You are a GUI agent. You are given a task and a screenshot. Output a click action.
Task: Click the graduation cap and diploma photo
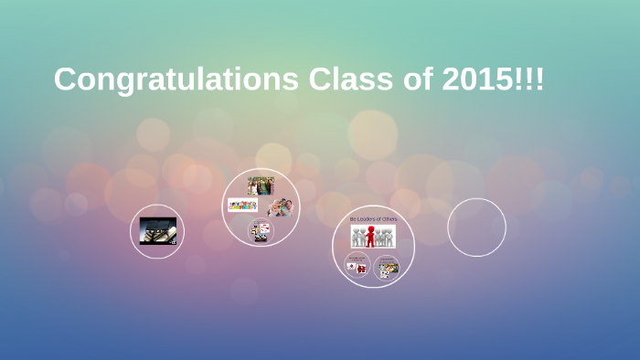pos(157,230)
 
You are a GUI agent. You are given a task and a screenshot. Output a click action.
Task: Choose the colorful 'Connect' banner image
pos(243,206)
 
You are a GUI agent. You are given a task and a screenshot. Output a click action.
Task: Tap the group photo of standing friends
pos(261,185)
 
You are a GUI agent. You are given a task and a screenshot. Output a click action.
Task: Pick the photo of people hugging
pos(280,206)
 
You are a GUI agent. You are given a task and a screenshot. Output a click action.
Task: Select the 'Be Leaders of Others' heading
pos(373,219)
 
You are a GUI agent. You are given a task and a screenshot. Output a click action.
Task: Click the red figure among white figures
pos(370,237)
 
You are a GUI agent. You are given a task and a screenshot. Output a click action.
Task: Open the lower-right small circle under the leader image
pos(387,268)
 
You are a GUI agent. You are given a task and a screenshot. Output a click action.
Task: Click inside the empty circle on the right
pos(476,228)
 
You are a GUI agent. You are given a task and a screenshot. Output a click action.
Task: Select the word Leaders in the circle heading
pos(368,219)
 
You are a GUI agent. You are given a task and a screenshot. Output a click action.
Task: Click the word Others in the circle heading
pos(389,219)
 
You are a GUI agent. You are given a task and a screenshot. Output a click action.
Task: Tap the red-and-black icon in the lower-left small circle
pos(359,268)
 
